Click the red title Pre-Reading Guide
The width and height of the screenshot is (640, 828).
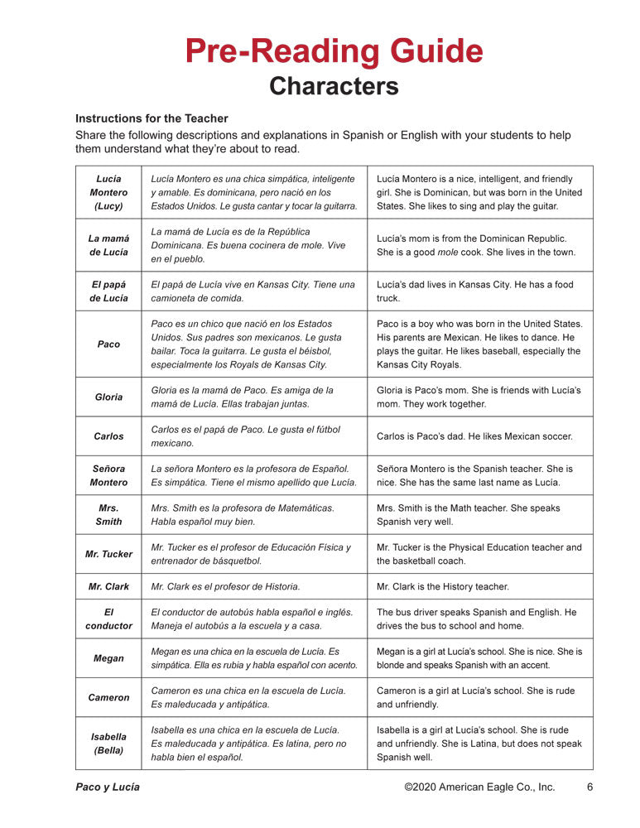pos(334,51)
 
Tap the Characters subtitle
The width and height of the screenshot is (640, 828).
pos(334,86)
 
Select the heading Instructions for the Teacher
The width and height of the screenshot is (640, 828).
pos(152,118)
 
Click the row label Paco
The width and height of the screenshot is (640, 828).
pos(108,344)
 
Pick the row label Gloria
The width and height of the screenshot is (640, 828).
pos(108,397)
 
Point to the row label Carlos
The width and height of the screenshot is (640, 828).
pos(108,436)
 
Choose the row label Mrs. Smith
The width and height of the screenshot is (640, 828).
pos(108,514)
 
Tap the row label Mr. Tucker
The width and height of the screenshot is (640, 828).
pos(108,554)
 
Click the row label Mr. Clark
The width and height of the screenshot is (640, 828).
pos(108,586)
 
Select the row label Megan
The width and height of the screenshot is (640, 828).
pos(108,658)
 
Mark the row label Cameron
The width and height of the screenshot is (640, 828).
pos(108,697)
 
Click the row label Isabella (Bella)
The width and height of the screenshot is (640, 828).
pos(108,743)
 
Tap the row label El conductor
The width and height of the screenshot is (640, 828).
pos(108,619)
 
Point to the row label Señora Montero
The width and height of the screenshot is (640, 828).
pos(108,475)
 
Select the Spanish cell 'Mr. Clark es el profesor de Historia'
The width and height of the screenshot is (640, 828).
pos(225,586)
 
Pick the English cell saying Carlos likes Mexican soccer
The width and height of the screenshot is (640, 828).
pos(474,436)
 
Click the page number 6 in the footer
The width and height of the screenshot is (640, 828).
pos(589,787)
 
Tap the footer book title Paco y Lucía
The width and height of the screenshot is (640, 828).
pos(108,787)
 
